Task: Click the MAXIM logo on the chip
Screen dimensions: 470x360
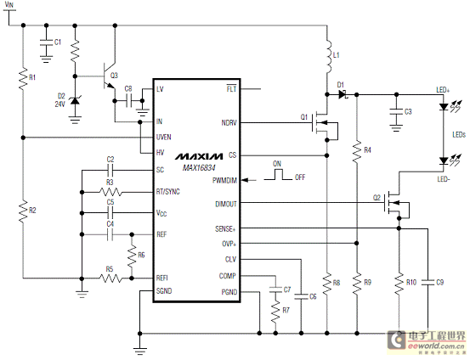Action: point(199,156)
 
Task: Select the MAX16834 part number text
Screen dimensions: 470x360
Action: point(199,168)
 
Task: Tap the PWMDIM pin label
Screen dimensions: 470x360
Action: point(225,181)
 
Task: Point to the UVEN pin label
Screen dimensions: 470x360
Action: point(164,138)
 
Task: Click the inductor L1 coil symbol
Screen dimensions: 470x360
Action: point(329,56)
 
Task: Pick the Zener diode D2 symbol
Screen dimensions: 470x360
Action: point(75,101)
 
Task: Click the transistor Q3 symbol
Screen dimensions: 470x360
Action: point(109,76)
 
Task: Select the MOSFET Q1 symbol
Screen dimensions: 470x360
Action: point(325,126)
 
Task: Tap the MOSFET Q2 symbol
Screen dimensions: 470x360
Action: point(397,205)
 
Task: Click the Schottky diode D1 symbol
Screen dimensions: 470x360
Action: point(343,94)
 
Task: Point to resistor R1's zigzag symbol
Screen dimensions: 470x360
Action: point(23,79)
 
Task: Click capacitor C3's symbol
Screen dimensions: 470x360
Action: point(396,112)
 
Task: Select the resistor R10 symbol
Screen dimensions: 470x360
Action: point(399,284)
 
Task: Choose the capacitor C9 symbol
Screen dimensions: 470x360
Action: point(428,282)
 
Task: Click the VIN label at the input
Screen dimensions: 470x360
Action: point(9,4)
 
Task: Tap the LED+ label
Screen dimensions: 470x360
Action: point(443,89)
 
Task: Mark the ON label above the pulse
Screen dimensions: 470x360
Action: point(277,164)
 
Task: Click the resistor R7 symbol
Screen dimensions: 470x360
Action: point(275,312)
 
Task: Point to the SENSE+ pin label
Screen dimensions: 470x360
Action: point(225,229)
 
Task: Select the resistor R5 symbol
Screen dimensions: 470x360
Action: point(110,278)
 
